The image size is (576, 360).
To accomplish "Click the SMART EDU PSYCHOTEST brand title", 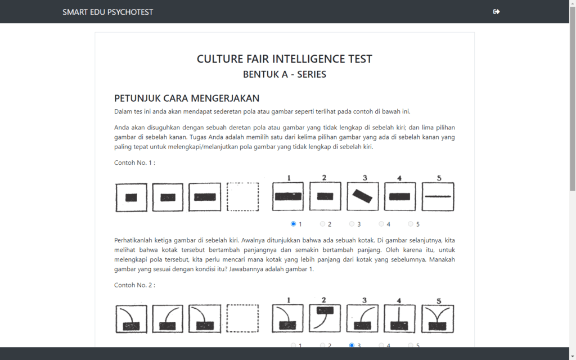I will click(107, 12).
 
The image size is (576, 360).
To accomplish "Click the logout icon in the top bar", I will click(496, 12).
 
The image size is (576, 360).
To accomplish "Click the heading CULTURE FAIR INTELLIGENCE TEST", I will click(284, 59).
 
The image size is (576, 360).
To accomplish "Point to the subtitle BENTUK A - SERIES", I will click(284, 74).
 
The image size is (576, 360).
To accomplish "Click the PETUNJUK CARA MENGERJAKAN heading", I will click(187, 98).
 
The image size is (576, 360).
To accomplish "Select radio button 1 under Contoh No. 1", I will click(294, 224).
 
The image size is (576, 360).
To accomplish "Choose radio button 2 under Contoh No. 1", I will click(323, 224).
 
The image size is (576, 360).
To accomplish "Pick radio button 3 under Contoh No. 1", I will click(352, 224).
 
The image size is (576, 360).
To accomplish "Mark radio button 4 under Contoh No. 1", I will click(381, 224).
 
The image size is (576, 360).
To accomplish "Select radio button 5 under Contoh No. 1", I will click(411, 224).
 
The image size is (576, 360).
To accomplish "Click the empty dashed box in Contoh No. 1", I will click(242, 197).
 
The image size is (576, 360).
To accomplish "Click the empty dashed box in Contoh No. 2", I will click(242, 319).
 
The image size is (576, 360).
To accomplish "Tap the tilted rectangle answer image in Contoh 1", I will click(363, 196).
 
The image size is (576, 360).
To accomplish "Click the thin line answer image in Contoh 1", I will click(438, 196).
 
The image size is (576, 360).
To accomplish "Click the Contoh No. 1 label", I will click(134, 163).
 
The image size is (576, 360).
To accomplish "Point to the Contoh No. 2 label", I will click(134, 285).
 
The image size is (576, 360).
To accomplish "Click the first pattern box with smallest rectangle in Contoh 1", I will click(131, 197).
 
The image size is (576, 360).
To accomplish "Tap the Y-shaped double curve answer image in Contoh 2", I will click(438, 318).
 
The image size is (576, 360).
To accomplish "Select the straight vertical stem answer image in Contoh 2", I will click(400, 318).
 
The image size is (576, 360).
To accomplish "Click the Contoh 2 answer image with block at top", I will click(325, 318).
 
